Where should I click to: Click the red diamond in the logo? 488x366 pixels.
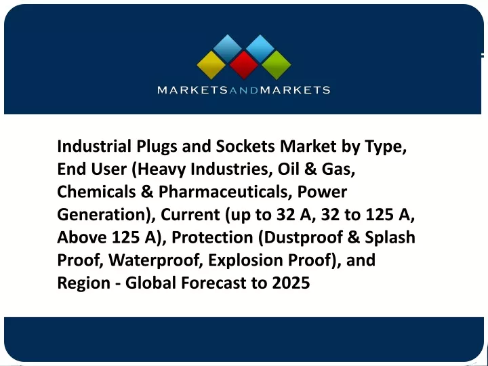click(244, 65)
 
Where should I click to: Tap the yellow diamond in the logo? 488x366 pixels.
click(211, 65)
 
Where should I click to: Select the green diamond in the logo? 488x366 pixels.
click(276, 65)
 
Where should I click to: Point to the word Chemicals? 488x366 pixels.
click(96, 192)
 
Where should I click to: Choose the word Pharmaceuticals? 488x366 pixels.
click(223, 192)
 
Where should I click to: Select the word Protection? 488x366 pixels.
click(212, 237)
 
